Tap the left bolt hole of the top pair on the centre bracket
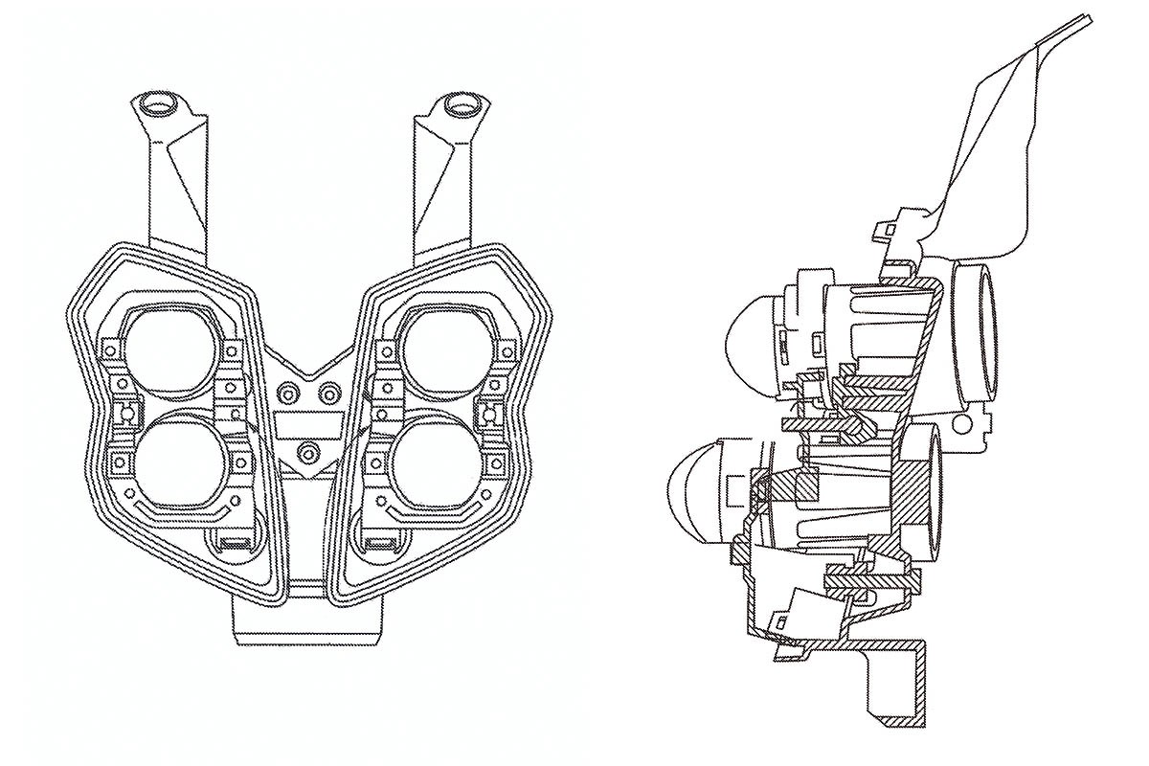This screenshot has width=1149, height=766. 286,393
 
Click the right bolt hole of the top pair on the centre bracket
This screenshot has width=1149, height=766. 328,393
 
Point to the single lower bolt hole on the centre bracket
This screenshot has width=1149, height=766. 307,451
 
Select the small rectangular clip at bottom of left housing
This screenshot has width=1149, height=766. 233,545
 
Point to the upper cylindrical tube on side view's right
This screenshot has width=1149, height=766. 979,326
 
